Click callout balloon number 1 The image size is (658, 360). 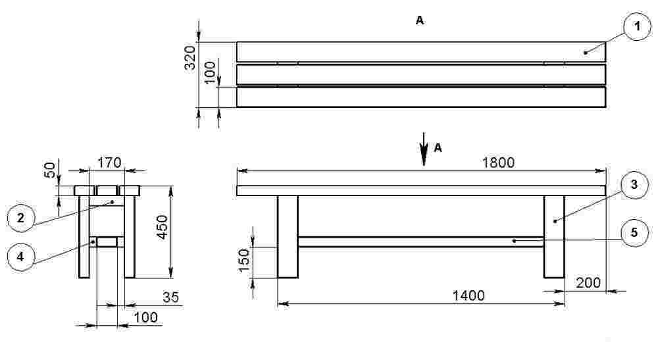point(637,27)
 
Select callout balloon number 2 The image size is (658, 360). point(20,219)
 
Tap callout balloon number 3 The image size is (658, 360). point(634,185)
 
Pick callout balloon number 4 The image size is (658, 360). point(20,257)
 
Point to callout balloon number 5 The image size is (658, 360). point(634,232)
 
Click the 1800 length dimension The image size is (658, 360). point(498,163)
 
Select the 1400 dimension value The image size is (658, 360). point(468,296)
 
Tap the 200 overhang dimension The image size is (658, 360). point(588,283)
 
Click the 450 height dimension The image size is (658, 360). point(162,227)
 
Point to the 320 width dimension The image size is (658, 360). point(190,58)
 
